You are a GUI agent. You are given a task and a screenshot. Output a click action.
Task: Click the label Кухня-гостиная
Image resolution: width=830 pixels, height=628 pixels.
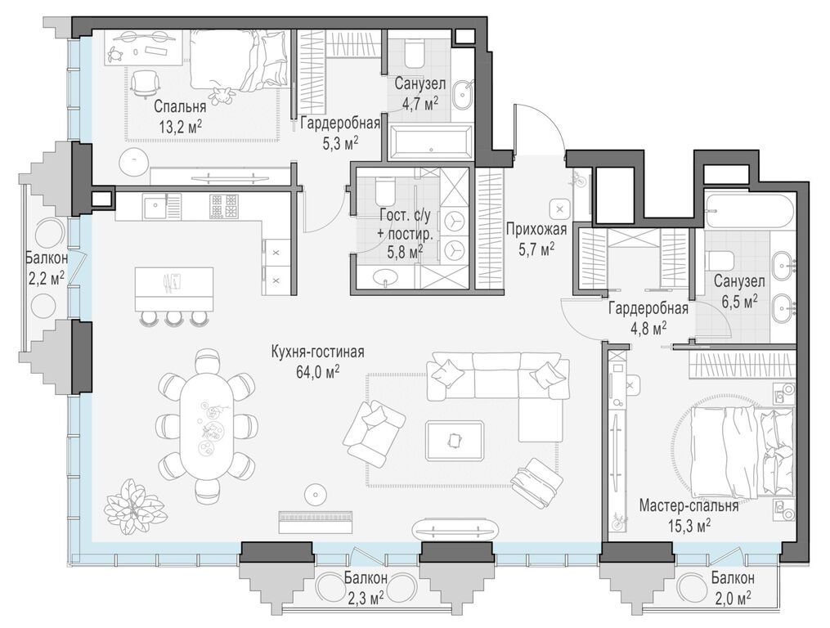[318, 352]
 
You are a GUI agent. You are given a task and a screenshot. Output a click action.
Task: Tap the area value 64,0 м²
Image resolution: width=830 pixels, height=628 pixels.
[318, 371]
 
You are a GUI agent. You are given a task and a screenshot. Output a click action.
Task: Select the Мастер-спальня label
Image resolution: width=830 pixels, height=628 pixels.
[689, 505]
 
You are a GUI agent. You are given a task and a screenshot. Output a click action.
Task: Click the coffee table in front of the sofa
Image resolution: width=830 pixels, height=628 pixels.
[455, 440]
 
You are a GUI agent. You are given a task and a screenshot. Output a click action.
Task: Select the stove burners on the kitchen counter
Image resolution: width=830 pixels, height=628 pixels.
[223, 206]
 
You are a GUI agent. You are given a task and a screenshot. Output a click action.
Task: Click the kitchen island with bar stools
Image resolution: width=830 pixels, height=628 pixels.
[173, 284]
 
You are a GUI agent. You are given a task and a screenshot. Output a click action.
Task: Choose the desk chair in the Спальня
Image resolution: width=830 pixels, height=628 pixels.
[144, 83]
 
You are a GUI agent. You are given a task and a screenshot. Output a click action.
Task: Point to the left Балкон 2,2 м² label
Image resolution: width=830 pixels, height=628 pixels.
[47, 268]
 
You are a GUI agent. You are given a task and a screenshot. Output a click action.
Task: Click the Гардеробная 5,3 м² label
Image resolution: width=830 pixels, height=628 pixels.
[339, 132]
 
